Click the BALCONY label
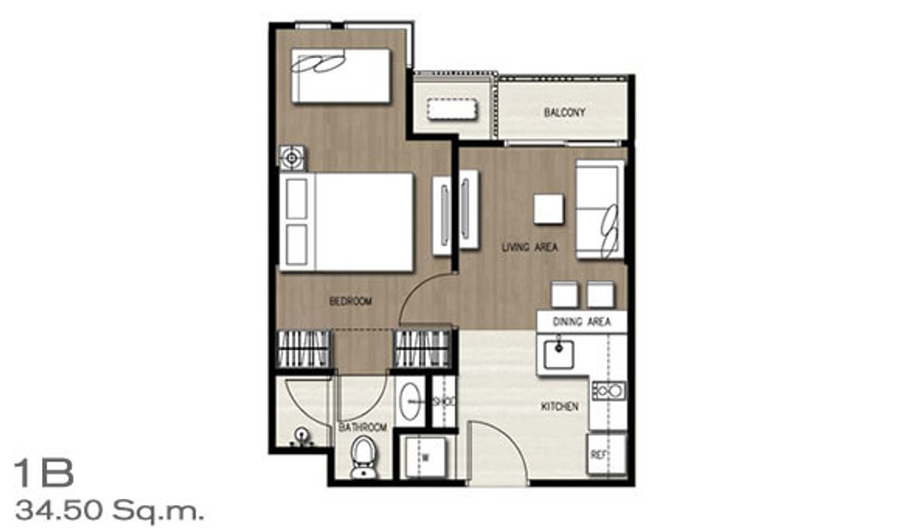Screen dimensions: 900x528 (564, 112)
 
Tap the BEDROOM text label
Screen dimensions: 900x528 (350, 301)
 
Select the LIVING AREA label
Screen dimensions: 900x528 (529, 246)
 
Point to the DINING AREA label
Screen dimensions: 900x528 (581, 321)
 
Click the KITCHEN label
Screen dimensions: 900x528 (559, 406)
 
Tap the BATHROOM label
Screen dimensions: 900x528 (362, 427)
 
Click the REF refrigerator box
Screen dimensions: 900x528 (606, 454)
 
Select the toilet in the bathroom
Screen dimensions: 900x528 (363, 458)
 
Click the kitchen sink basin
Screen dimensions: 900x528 (559, 355)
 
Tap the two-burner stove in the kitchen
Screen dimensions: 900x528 (609, 391)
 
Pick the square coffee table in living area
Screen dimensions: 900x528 (548, 210)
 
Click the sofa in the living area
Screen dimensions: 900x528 (600, 210)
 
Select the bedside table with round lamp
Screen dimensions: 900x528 (292, 158)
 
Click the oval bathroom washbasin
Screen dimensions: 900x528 (409, 401)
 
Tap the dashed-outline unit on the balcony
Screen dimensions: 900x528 (452, 109)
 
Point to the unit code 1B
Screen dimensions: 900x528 (43, 473)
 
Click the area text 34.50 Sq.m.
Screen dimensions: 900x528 (109, 511)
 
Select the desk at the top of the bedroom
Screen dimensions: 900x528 (340, 76)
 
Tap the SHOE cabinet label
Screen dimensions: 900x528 (444, 402)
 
